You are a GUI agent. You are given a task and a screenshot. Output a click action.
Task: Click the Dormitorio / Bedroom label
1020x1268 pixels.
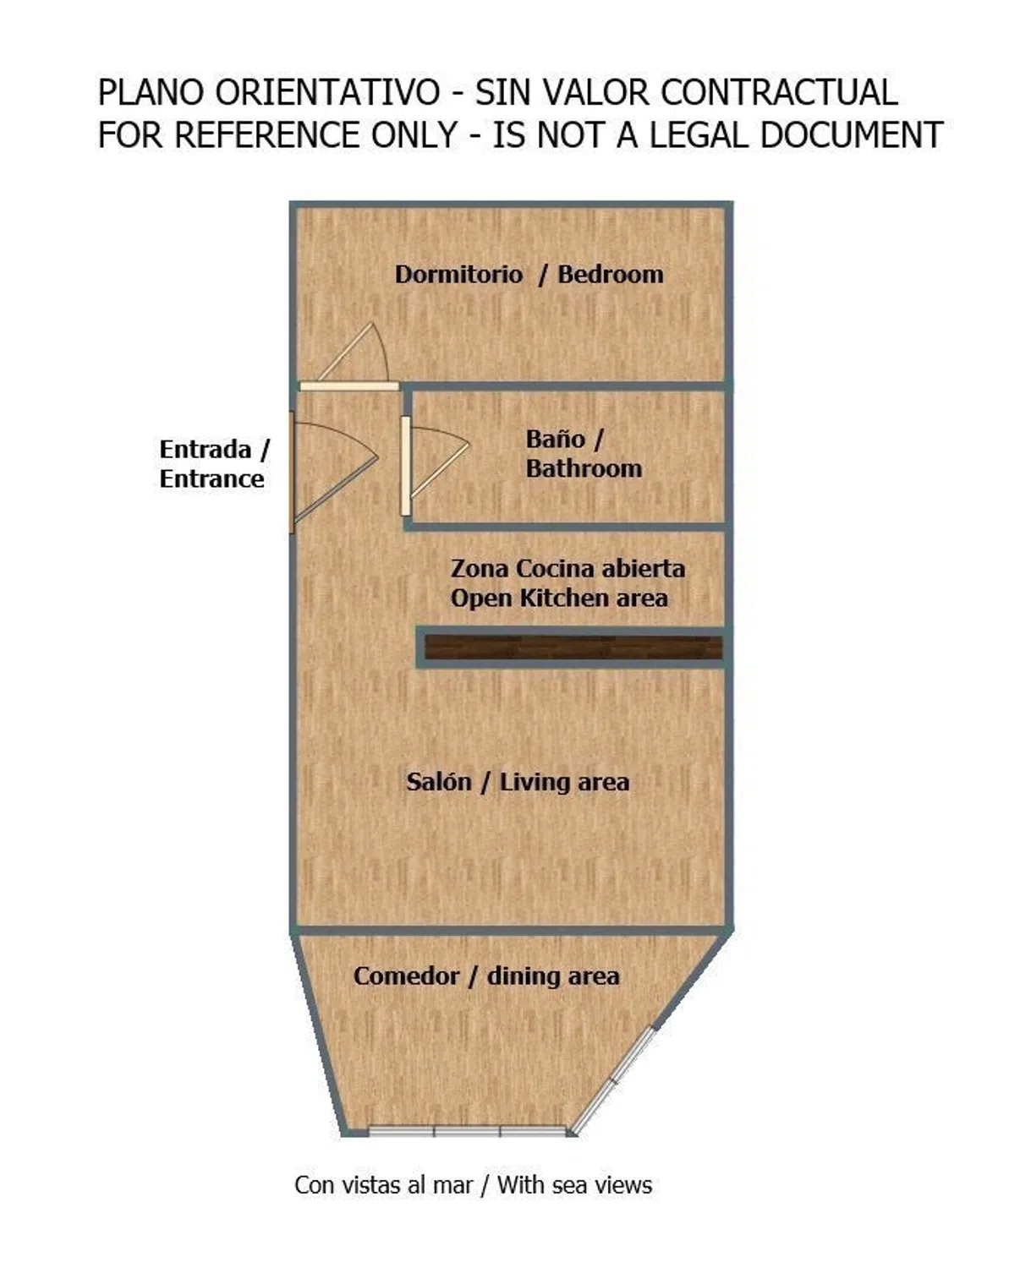point(529,275)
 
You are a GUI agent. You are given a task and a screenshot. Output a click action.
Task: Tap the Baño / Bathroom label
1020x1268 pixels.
point(583,454)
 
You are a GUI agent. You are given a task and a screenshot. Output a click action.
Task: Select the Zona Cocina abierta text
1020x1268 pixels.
point(568,569)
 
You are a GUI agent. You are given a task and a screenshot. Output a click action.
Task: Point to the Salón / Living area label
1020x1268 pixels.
point(518,782)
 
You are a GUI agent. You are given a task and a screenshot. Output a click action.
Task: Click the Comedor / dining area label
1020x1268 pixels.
point(486,976)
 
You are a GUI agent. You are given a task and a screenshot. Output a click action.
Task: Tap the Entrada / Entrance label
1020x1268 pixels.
point(213,464)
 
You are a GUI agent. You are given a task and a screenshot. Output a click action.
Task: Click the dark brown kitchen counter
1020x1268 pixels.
point(573,648)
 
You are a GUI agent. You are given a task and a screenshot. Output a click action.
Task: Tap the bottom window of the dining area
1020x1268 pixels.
point(467,1131)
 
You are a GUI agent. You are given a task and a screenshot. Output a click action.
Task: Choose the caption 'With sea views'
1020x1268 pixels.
point(574,1185)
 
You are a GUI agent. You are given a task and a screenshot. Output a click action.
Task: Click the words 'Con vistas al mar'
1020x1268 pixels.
point(383,1185)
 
